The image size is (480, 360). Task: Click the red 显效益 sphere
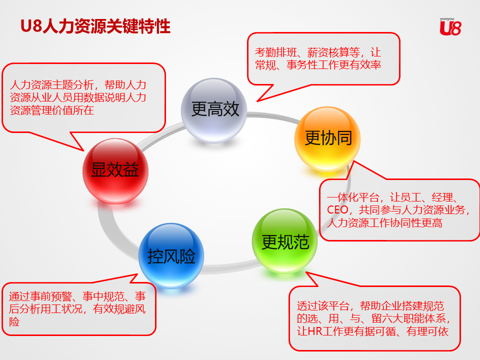point(115,171)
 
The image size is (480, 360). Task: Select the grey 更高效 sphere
point(214,110)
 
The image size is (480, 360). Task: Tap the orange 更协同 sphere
point(327,139)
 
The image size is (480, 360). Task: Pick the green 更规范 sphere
point(284,241)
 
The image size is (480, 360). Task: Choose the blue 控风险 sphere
point(171,255)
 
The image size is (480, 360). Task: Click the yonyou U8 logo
point(450,26)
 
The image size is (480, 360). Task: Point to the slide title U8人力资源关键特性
point(95,26)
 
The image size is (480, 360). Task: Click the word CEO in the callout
point(337,210)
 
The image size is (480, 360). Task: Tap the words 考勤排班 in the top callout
point(276,52)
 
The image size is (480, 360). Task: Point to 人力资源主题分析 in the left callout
point(52,84)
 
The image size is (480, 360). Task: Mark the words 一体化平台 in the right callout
point(353,197)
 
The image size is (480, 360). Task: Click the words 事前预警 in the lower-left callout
point(51,296)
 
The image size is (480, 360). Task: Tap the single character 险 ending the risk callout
point(14,321)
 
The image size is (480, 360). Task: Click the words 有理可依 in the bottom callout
point(427,331)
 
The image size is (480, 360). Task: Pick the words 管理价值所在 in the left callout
point(62,110)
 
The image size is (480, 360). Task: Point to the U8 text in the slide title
point(31,26)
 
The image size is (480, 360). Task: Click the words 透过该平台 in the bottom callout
point(323,306)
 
